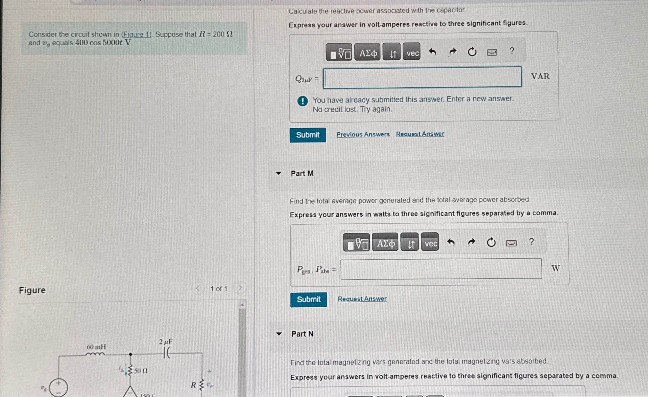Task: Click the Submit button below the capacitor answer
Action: tap(308, 135)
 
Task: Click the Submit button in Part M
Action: tap(309, 300)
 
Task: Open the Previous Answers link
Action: tap(363, 134)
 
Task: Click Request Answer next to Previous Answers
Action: tap(420, 134)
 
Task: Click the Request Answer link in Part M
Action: tap(362, 299)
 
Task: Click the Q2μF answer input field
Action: tap(422, 78)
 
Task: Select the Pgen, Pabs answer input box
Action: tap(441, 269)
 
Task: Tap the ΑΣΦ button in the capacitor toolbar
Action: tap(368, 53)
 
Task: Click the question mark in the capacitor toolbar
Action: tap(512, 51)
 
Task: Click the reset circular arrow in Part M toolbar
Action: tap(491, 242)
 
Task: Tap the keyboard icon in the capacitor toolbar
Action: tap(492, 52)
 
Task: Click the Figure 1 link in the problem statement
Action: tap(137, 35)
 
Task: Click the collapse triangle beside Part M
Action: tap(279, 173)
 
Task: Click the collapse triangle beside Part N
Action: tap(279, 334)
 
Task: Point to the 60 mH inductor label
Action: tap(96, 347)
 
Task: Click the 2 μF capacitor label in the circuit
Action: tap(166, 342)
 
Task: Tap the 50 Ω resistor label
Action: tap(141, 371)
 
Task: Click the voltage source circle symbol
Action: tap(58, 388)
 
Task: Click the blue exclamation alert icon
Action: tap(303, 101)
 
